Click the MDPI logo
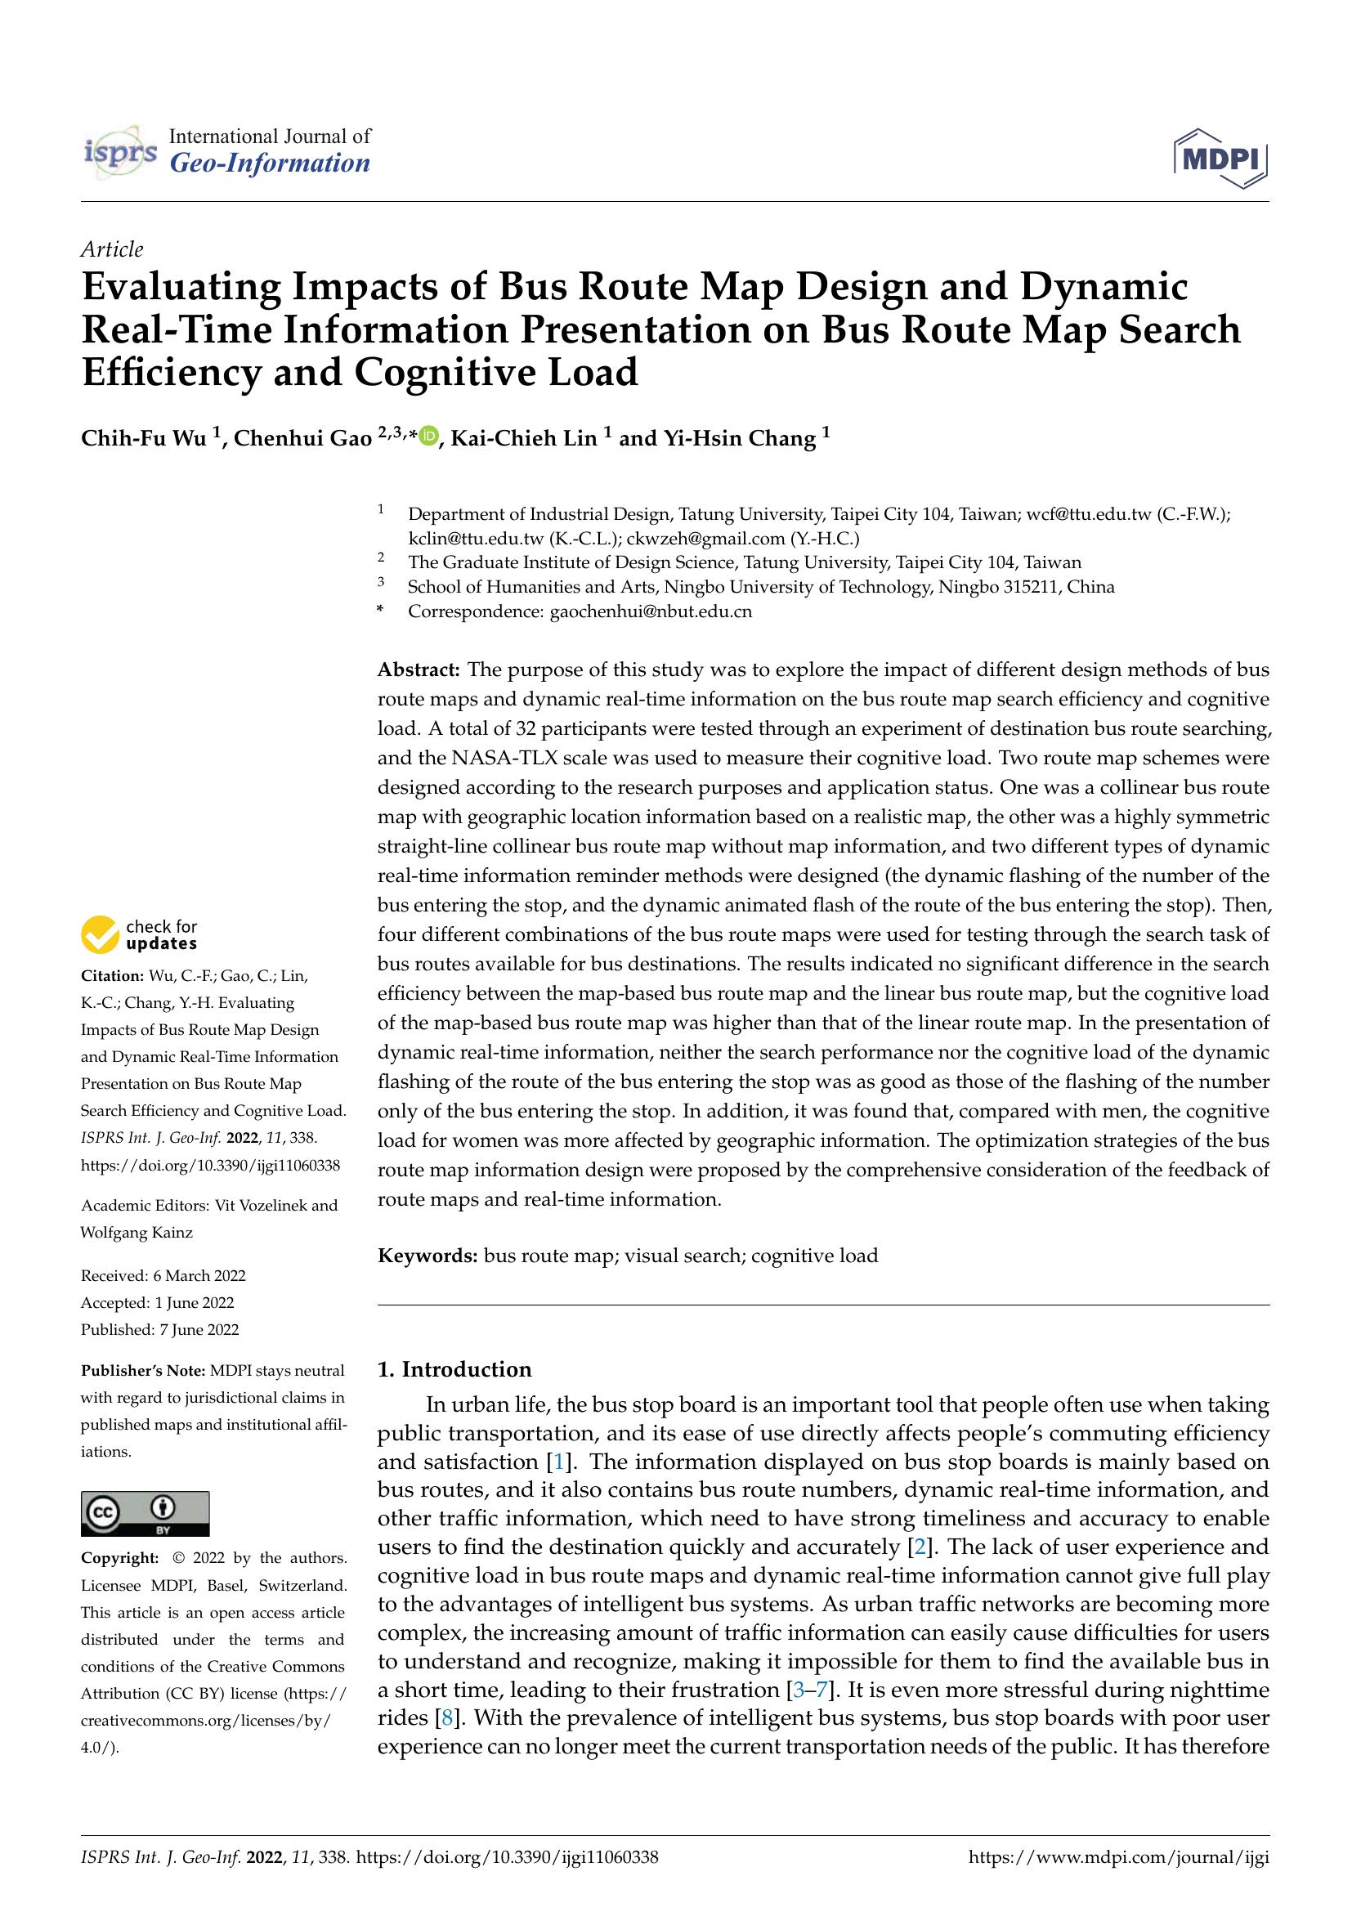tap(1220, 158)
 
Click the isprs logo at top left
tap(121, 152)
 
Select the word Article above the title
tap(111, 249)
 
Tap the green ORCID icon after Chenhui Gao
tap(429, 435)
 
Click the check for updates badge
tap(139, 934)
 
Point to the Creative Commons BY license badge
tap(145, 1513)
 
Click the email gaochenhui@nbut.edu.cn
tap(650, 611)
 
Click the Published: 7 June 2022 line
tap(160, 1329)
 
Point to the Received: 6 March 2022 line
tap(163, 1275)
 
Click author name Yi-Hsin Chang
tap(738, 438)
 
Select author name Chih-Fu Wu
tap(143, 438)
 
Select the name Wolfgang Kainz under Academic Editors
tap(137, 1232)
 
